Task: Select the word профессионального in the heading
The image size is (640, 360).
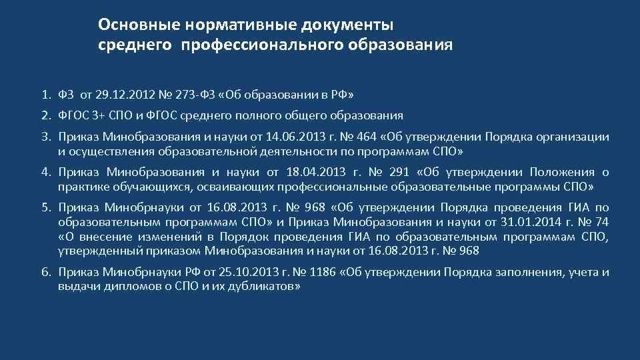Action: [x=268, y=45]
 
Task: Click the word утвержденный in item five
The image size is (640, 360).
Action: [x=93, y=251]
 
